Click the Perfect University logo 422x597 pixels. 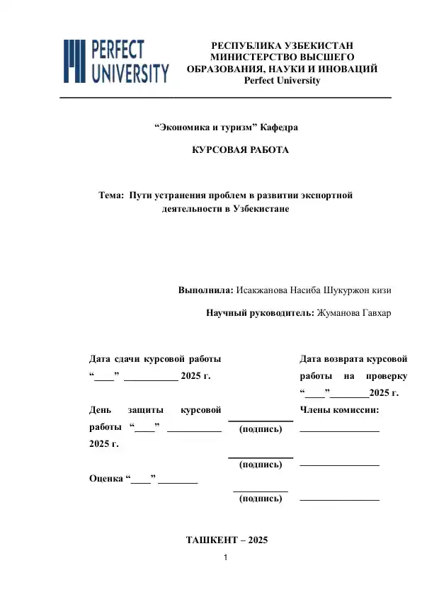(117, 61)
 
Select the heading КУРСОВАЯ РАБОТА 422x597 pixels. (241, 151)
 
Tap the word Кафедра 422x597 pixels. (279, 127)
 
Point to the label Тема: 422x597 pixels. (111, 194)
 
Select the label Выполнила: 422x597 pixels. (205, 290)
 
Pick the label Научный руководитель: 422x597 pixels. (259, 313)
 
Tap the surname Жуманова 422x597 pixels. (339, 313)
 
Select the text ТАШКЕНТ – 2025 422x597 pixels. (227, 540)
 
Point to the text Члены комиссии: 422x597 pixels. (339, 410)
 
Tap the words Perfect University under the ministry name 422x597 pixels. (282, 80)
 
